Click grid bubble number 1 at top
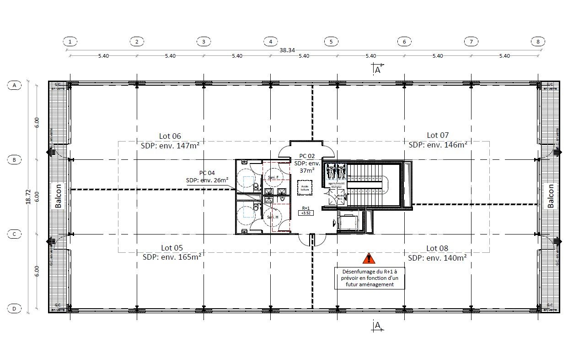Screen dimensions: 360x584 point(70,42)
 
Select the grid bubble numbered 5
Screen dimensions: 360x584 point(331,42)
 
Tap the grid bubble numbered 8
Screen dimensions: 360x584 point(538,42)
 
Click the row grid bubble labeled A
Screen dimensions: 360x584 point(14,85)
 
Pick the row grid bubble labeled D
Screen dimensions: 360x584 point(14,309)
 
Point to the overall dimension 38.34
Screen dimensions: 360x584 point(287,50)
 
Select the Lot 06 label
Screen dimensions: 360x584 point(170,136)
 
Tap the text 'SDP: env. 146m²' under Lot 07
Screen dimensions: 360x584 point(438,144)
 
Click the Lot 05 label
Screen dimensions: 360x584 point(172,248)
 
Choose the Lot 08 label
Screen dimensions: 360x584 point(437,248)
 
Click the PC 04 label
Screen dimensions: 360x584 point(207,173)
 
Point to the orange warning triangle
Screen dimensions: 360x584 point(369,259)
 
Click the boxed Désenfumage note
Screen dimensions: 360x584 point(370,278)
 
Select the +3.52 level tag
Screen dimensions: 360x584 point(305,213)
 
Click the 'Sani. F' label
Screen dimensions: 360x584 point(273,177)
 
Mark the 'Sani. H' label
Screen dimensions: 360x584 point(273,217)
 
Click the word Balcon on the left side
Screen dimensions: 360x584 point(59,196)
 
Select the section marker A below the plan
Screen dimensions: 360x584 point(377,325)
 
